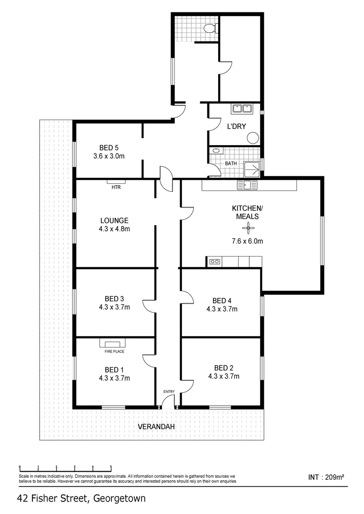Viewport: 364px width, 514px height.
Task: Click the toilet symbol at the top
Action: point(209,29)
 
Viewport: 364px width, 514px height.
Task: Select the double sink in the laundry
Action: point(242,109)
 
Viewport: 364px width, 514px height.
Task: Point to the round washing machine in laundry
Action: point(253,138)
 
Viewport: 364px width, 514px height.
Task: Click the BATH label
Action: point(231,163)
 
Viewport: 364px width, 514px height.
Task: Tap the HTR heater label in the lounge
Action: point(116,187)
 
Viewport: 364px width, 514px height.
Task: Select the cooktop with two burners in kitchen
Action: point(214,261)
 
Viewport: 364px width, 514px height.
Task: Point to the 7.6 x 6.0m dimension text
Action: point(247,241)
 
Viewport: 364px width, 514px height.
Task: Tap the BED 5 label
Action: point(109,147)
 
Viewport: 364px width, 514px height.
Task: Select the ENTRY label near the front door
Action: point(169,392)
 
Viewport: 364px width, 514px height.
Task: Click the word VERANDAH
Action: point(156,427)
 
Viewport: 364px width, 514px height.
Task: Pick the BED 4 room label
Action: point(222,300)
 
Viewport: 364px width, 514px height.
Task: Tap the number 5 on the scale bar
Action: point(111,467)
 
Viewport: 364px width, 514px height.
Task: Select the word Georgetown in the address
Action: point(120,498)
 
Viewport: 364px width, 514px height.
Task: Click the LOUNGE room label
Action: point(114,220)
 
